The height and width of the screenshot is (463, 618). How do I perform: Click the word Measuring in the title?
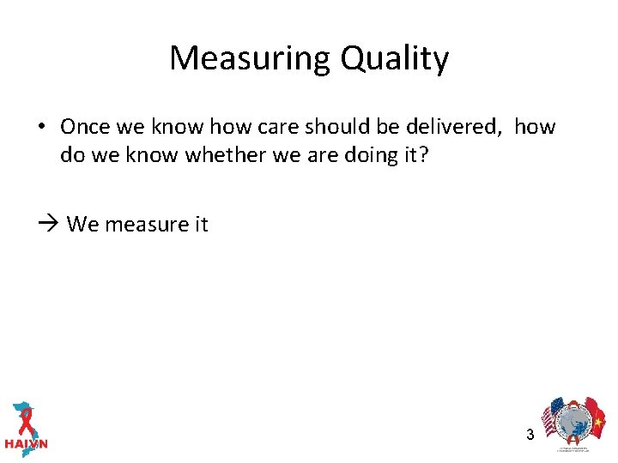[250, 59]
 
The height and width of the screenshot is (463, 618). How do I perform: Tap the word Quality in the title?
[394, 59]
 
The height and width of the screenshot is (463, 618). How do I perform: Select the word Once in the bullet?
[85, 127]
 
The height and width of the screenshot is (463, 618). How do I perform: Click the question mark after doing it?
[422, 156]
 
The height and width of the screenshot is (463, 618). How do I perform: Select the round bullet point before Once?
[41, 128]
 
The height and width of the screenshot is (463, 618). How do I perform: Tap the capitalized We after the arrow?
[83, 225]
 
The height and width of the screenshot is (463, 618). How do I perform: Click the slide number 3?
[530, 435]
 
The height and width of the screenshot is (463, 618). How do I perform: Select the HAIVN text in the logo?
[26, 444]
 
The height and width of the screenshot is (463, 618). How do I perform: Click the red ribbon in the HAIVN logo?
[26, 420]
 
